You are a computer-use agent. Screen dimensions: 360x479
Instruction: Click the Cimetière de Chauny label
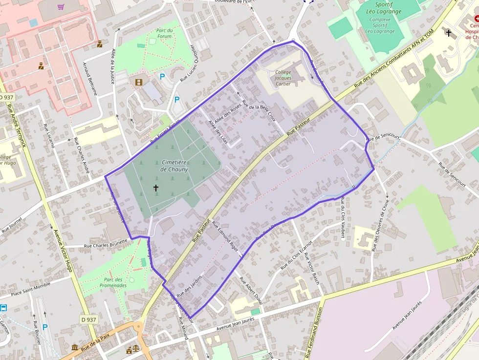click(x=174, y=166)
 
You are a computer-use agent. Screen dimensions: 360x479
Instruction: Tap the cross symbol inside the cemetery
click(x=156, y=188)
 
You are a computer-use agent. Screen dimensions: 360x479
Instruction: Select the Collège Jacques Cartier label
click(x=283, y=78)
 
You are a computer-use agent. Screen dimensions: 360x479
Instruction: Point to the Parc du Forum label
click(x=164, y=33)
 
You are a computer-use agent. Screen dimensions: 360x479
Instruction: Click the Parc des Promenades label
click(x=113, y=282)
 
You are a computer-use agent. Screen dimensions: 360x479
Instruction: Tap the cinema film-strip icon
click(x=139, y=82)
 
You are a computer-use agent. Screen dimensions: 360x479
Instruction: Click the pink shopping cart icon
click(x=61, y=7)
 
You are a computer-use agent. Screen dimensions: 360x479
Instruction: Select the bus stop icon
click(x=3, y=308)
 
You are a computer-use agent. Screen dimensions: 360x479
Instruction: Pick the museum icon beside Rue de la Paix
click(x=74, y=347)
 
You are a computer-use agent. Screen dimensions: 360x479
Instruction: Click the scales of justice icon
click(x=129, y=349)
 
